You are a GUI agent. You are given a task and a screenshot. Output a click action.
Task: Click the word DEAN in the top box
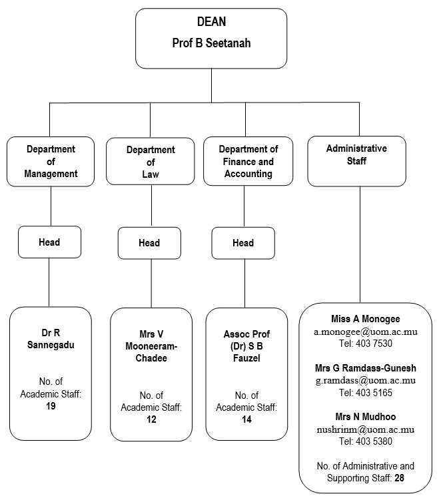[211, 22]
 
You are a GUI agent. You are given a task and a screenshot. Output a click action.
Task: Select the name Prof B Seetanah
[211, 43]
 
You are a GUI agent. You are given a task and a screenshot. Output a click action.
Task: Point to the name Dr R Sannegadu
[51, 339]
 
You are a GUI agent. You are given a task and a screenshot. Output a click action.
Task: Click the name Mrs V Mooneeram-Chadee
[151, 346]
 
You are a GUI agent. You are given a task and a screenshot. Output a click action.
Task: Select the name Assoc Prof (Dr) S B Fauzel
[246, 346]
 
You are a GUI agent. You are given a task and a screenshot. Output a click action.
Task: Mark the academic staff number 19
[51, 406]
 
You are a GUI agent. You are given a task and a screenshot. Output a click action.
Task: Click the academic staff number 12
[151, 419]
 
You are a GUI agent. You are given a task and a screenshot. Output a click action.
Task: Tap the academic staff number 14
[246, 419]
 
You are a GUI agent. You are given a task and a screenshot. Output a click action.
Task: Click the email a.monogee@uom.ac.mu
[366, 332]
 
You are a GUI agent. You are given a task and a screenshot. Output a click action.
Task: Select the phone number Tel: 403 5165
[366, 393]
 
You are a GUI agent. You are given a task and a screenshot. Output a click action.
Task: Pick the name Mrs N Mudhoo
[366, 417]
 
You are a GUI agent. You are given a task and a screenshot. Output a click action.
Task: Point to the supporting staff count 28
[399, 478]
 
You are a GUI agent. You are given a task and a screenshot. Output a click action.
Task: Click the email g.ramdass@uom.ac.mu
[366, 380]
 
